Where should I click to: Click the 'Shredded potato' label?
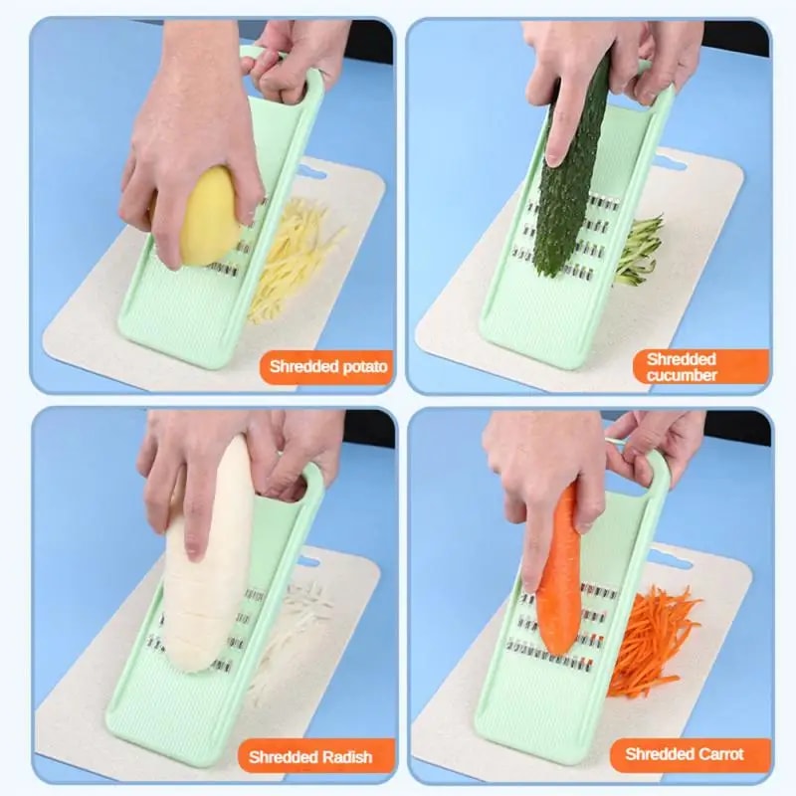click(327, 366)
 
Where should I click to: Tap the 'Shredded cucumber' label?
click(682, 366)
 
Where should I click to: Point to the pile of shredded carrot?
click(653, 637)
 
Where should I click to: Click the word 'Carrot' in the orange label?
click(719, 753)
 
